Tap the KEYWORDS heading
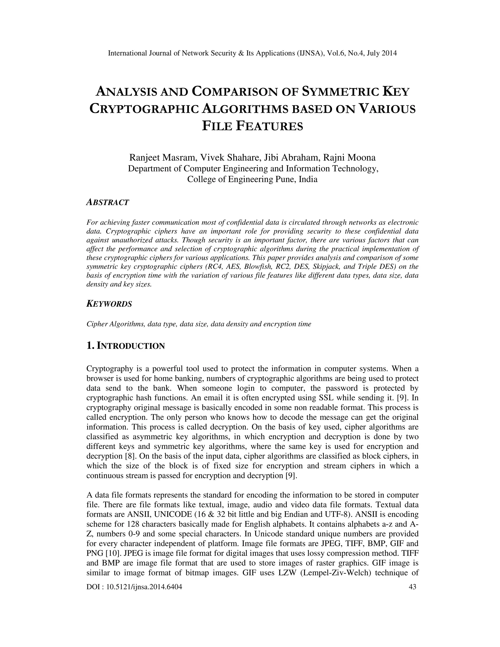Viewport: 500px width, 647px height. (109, 304)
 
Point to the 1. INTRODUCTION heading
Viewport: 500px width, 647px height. (125, 346)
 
